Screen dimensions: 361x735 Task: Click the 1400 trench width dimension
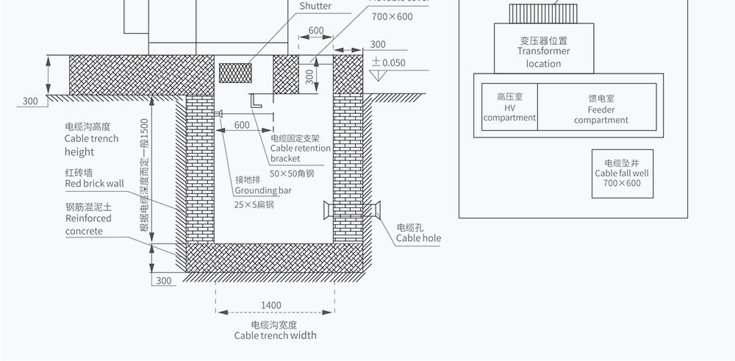click(270, 305)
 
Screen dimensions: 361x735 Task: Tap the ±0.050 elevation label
click(389, 63)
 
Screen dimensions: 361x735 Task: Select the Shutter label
click(315, 7)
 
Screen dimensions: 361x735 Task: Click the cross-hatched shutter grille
click(237, 72)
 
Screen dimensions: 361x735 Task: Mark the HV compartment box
click(509, 107)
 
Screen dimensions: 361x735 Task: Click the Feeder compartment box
click(596, 107)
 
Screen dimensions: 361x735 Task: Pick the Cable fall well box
click(622, 174)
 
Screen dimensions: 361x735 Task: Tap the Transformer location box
click(543, 49)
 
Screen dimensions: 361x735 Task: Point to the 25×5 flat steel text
click(254, 205)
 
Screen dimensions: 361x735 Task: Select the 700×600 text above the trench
click(392, 17)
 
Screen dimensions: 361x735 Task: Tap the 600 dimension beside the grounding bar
click(242, 125)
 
